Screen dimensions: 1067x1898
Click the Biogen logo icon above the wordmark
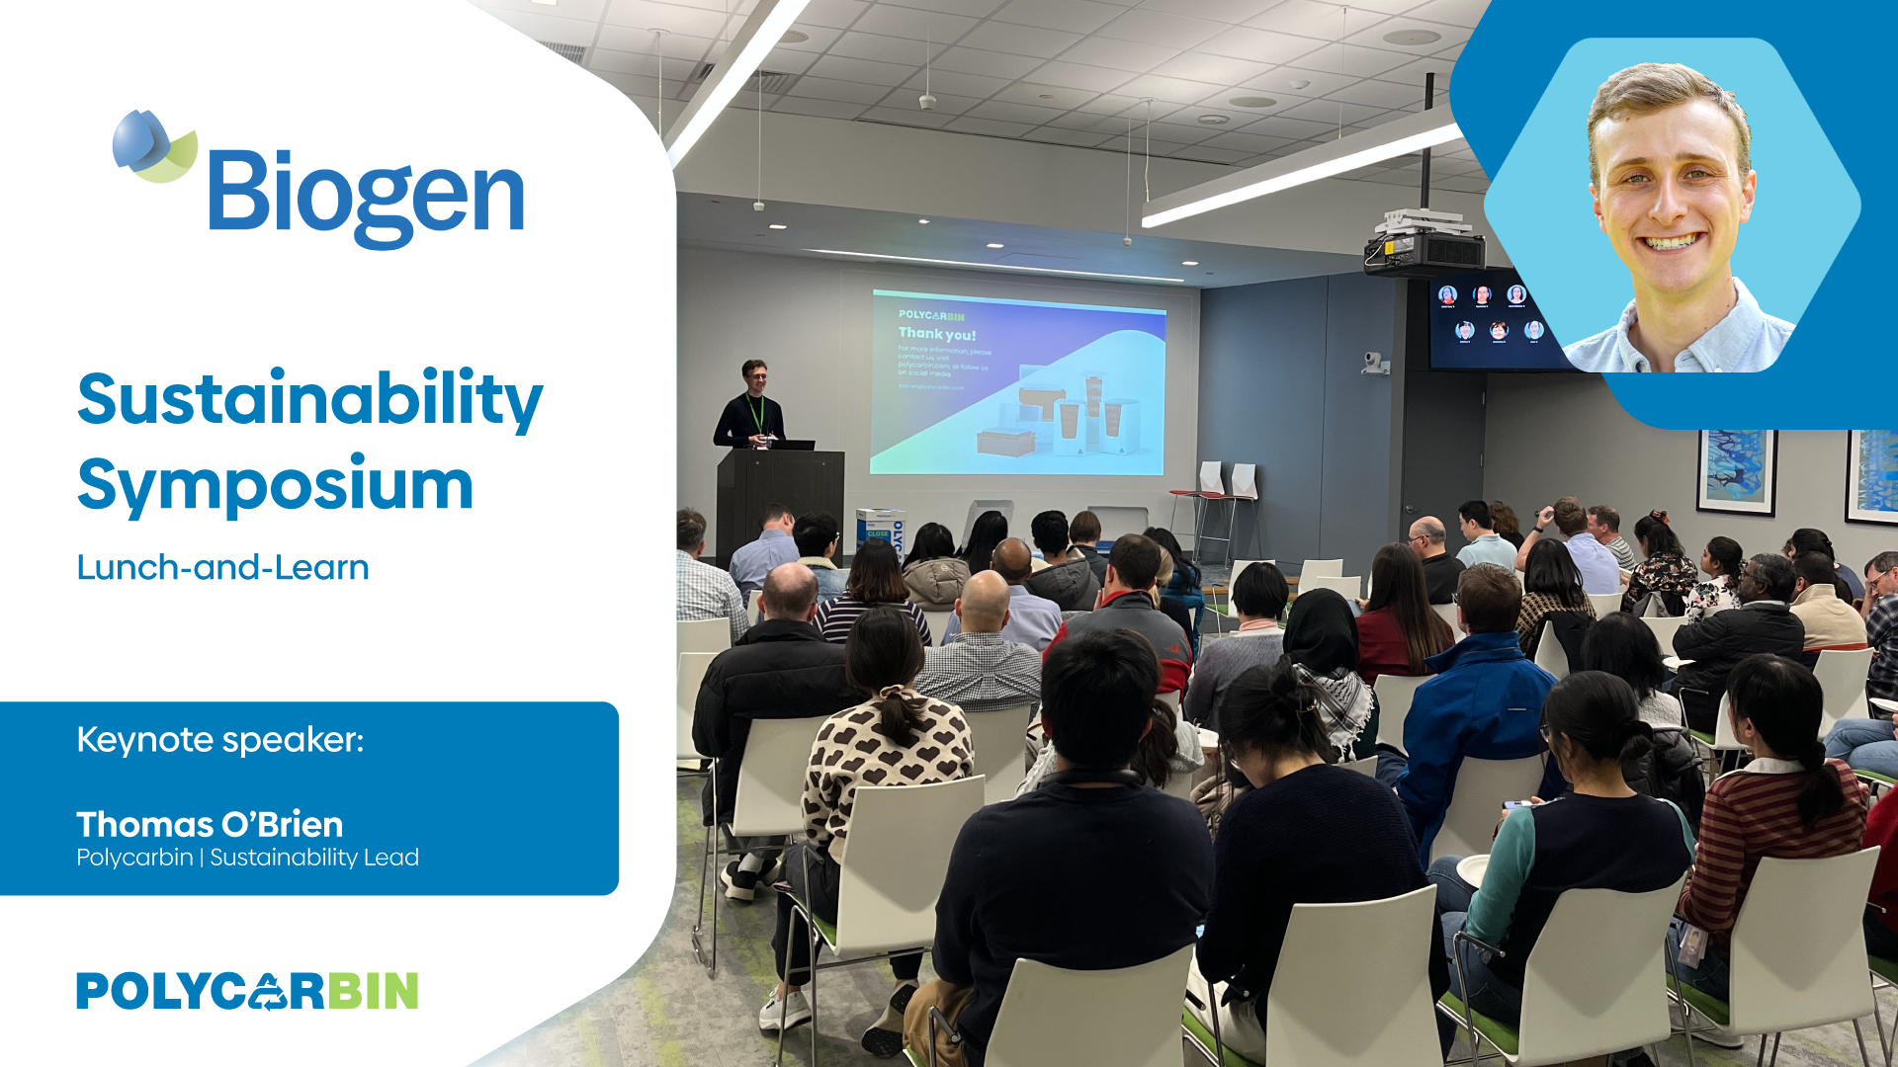tap(154, 146)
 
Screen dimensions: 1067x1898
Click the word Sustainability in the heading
tap(309, 399)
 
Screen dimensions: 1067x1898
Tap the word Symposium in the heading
tap(275, 484)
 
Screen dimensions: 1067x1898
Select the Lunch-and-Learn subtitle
tap(222, 567)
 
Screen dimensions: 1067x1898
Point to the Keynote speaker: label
tap(219, 739)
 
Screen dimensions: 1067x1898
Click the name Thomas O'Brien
tap(210, 824)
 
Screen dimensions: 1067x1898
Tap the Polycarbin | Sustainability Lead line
tap(247, 858)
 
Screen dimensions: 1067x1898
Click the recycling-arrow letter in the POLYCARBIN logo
tap(267, 991)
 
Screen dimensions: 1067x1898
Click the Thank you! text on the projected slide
tap(936, 334)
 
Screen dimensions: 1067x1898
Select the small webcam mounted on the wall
tap(1373, 362)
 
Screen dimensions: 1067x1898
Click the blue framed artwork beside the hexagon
tap(1736, 470)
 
